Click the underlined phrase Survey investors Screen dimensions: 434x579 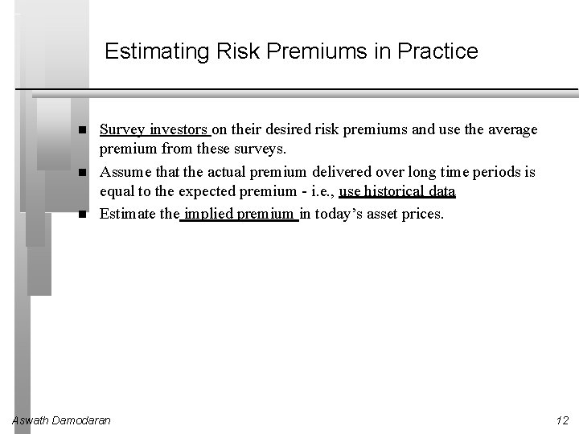[154, 129]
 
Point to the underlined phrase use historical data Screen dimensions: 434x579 [397, 191]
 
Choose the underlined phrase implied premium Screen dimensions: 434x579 [239, 214]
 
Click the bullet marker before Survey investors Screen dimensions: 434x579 [83, 130]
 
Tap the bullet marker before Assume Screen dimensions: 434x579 [83, 173]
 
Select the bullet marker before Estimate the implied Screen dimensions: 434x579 [83, 215]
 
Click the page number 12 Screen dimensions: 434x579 [562, 420]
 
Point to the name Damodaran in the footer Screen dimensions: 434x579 [82, 420]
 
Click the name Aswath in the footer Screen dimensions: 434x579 [31, 420]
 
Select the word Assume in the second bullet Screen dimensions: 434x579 [125, 172]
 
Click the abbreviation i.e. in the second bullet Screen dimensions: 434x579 [318, 191]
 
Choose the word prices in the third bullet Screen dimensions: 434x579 [421, 214]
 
